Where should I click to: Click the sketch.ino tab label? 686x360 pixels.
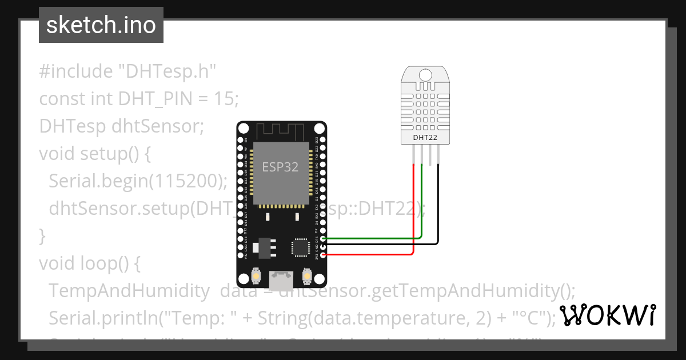[101, 25]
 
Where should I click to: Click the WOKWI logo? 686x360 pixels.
[607, 315]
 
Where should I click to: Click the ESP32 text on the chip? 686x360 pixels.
[280, 167]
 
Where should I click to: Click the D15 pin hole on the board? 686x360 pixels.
[324, 238]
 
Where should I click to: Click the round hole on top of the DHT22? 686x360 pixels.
[425, 74]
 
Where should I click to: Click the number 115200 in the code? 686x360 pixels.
[185, 181]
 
